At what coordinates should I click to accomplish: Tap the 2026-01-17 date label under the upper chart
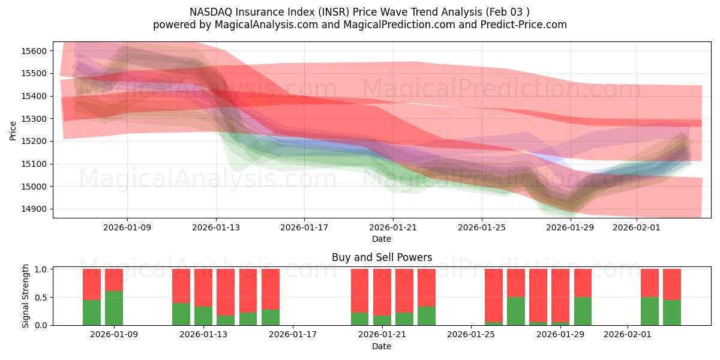(304, 227)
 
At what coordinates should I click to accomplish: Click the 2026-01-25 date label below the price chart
(481, 227)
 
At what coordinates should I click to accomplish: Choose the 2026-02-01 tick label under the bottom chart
(627, 335)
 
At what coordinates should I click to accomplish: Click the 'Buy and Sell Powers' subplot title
(382, 257)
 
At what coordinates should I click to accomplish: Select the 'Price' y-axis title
(13, 130)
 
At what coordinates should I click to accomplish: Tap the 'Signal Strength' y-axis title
(25, 296)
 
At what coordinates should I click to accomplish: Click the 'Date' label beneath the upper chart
(382, 239)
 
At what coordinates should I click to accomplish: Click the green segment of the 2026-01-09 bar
(114, 308)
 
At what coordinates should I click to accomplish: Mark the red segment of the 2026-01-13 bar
(203, 287)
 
